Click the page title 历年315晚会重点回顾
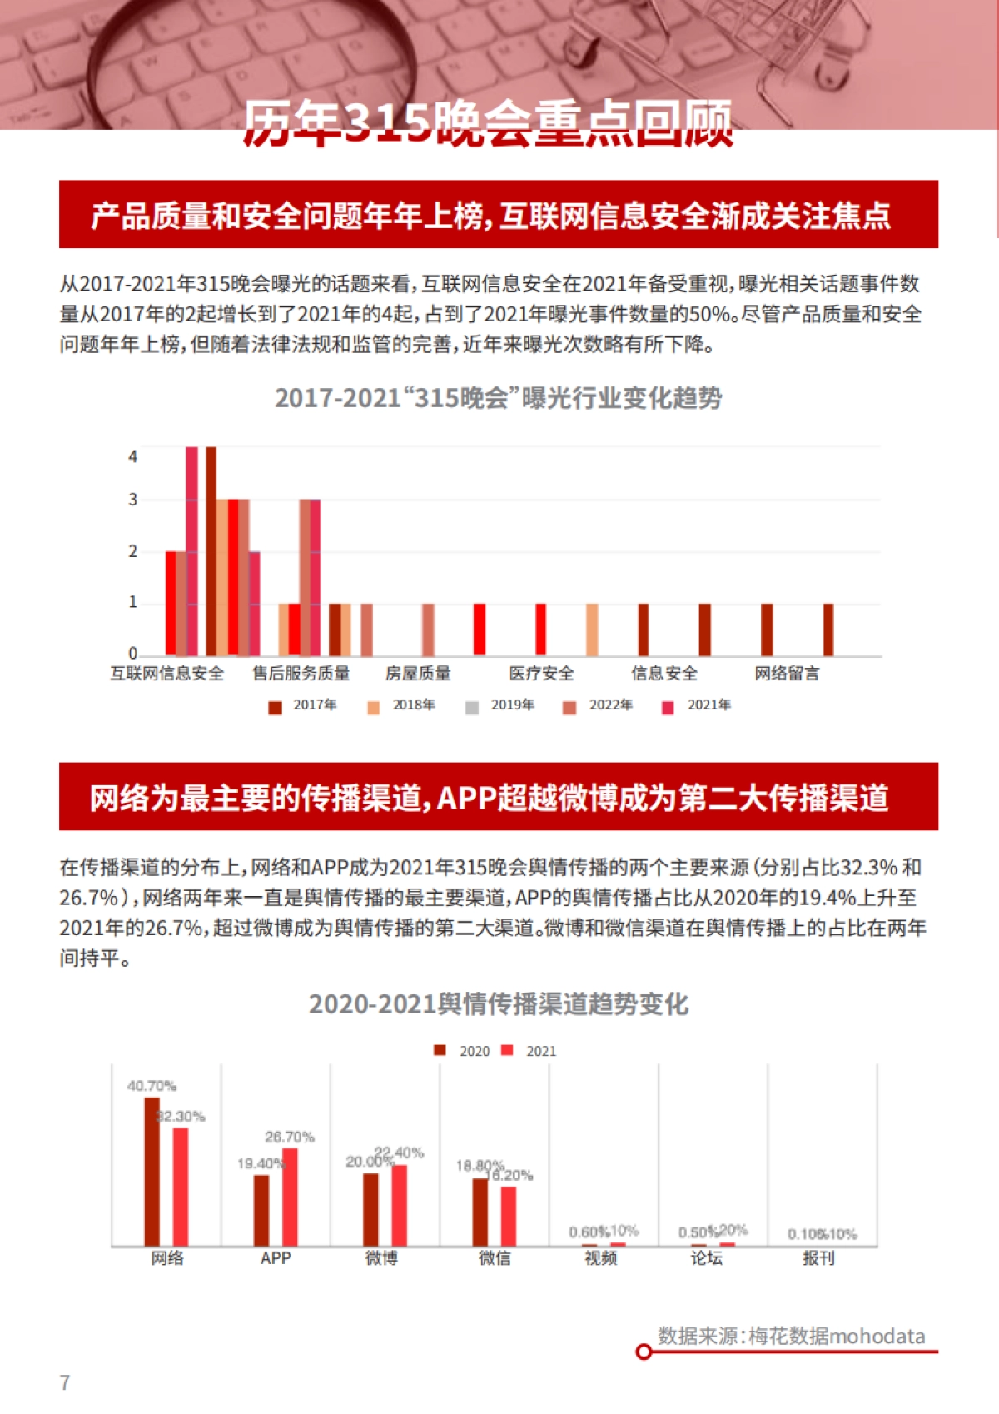[488, 124]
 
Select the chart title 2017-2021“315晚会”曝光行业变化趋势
[499, 398]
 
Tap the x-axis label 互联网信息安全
[167, 674]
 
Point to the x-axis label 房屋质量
[418, 674]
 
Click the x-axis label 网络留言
[787, 674]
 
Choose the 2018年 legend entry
[403, 705]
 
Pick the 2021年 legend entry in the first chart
[698, 705]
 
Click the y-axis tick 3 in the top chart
[132, 500]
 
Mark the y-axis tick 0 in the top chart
[132, 654]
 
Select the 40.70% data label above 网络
[152, 1086]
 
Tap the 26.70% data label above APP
[290, 1137]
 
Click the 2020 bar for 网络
[152, 1172]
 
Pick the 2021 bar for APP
[290, 1197]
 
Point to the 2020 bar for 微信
[480, 1212]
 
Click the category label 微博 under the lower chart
[382, 1258]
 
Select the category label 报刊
[818, 1258]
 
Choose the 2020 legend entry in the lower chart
[464, 1051]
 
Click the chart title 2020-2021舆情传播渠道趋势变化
[499, 1004]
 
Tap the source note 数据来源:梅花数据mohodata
[791, 1336]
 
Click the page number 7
[65, 1382]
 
